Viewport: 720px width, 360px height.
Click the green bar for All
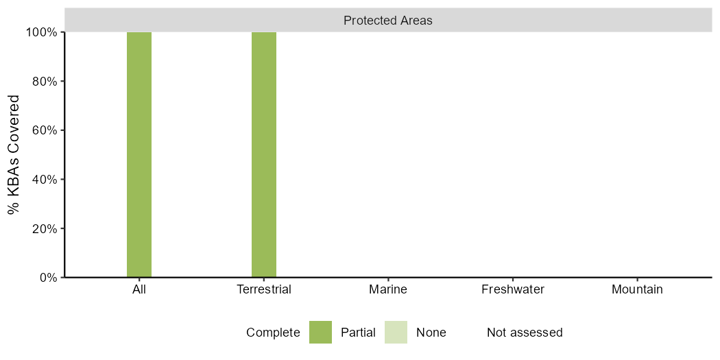(x=139, y=155)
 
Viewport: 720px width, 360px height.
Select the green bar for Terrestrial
(x=264, y=155)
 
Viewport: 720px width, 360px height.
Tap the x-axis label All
(x=139, y=290)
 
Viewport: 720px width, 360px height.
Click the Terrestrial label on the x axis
(x=264, y=290)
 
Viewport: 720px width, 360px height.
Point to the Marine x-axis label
(x=389, y=290)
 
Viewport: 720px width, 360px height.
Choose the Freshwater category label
(x=513, y=290)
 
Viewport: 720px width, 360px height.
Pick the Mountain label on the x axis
(x=637, y=290)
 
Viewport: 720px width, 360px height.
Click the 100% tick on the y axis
(x=44, y=33)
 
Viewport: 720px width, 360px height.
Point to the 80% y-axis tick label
(x=46, y=82)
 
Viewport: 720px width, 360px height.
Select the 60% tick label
(x=46, y=130)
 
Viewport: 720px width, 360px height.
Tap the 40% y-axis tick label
(x=46, y=180)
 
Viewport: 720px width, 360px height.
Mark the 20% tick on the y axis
(x=46, y=228)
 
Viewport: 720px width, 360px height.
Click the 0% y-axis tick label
(x=49, y=278)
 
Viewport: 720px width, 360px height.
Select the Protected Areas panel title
(x=389, y=21)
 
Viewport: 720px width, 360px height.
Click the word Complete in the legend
(x=273, y=333)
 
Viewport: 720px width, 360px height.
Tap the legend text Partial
(x=358, y=333)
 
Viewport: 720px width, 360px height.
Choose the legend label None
(x=431, y=333)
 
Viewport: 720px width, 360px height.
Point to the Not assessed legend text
(x=525, y=333)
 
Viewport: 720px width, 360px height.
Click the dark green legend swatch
(x=320, y=333)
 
